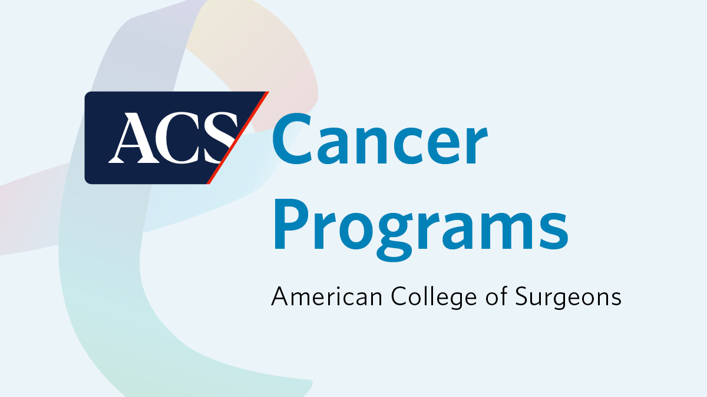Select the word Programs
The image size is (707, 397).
point(420,225)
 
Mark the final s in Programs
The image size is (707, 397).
point(554,226)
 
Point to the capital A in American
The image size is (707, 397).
point(279,296)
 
